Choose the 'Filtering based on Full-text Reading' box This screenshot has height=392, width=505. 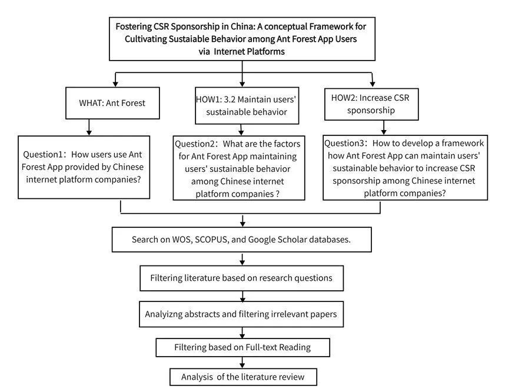tap(242, 347)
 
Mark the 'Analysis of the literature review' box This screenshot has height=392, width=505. tap(242, 377)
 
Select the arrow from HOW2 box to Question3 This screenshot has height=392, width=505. tap(383, 126)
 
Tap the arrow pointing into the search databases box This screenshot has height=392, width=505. tap(242, 221)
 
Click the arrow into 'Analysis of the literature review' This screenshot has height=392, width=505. tap(242, 363)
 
